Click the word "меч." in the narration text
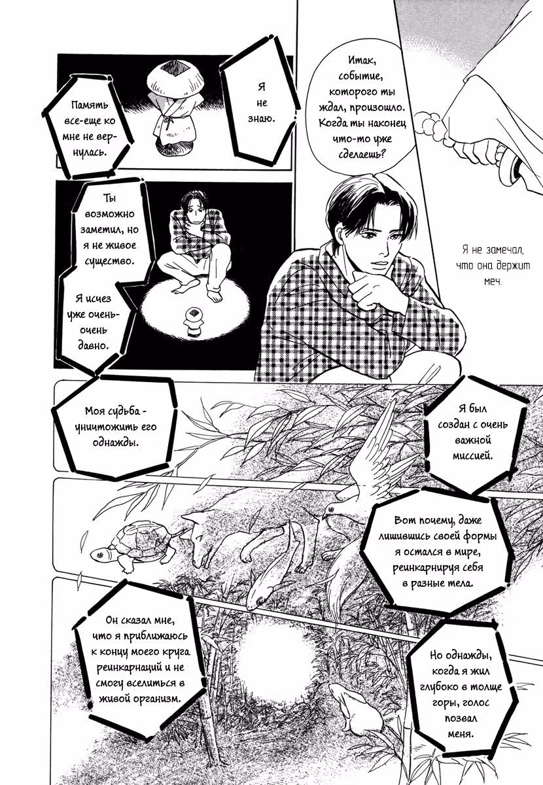[493, 281]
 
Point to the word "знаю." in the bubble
[262, 118]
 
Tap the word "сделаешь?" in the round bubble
[362, 154]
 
